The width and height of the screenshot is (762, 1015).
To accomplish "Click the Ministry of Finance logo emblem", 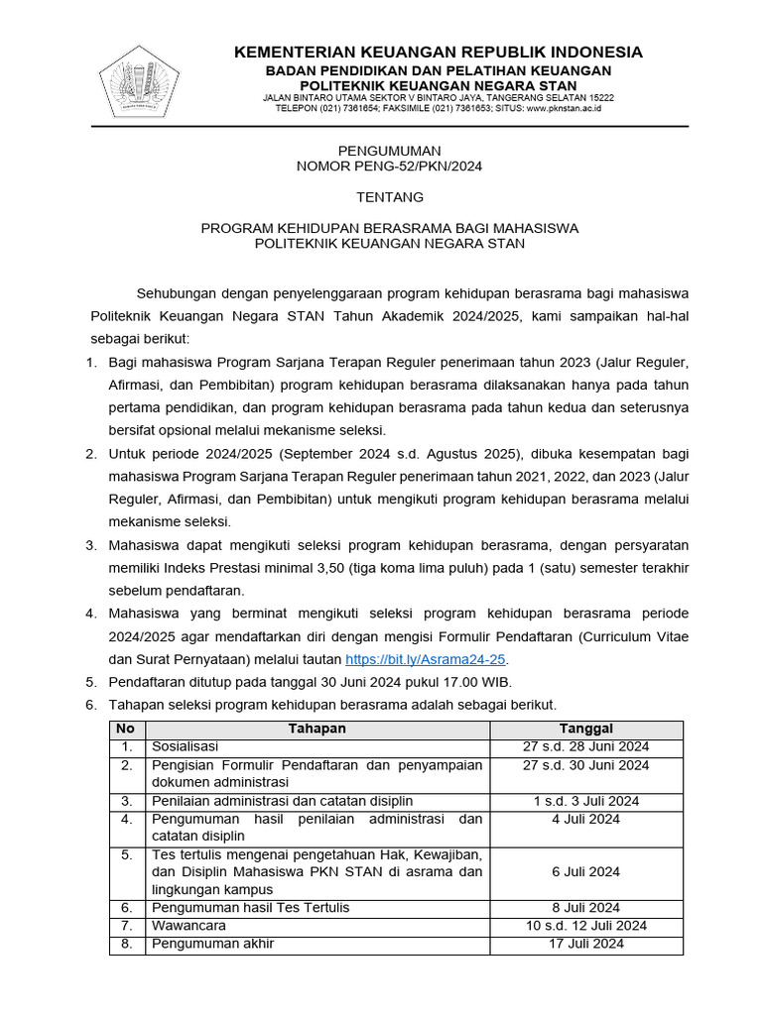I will [x=138, y=77].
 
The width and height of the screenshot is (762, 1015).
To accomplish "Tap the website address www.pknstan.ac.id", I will [x=563, y=108].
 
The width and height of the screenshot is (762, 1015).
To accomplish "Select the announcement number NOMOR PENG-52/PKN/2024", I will [x=389, y=167].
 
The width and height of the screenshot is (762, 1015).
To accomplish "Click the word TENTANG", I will [x=389, y=197].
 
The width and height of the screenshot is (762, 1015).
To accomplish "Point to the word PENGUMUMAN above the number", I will [x=389, y=151].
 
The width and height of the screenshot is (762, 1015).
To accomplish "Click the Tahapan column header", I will [x=317, y=729].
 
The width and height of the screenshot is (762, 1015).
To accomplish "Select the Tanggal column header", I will [x=585, y=729].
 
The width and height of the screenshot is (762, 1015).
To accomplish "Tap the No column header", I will [x=127, y=729].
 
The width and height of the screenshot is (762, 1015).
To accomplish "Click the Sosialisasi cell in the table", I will [x=185, y=746].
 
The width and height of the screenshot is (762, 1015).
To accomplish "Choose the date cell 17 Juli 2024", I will [x=585, y=944].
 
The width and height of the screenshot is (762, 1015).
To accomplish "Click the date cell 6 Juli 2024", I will [x=585, y=871].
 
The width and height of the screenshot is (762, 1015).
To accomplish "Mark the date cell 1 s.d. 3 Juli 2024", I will [x=585, y=801].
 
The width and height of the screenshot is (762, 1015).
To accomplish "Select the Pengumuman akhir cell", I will [x=211, y=944].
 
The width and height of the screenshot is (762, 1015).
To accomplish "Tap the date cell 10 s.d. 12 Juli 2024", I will [x=585, y=925].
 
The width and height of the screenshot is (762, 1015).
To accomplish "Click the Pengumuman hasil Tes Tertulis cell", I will [x=250, y=907].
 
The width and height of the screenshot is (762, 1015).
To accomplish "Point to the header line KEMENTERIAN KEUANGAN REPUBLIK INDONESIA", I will [x=438, y=53].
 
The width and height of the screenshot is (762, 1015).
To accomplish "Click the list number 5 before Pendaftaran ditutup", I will [x=90, y=682].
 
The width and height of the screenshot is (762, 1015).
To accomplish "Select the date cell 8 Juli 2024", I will [x=585, y=907].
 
